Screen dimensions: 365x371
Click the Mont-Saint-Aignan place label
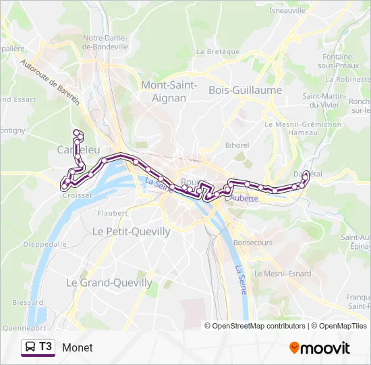point(169,91)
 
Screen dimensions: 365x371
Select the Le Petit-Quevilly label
point(131,231)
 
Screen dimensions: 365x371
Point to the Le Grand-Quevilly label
point(109,283)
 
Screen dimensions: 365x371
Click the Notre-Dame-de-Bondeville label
point(105,43)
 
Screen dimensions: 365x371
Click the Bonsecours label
point(252,242)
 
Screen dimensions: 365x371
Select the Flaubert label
point(112,212)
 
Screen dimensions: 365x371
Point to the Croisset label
point(77,195)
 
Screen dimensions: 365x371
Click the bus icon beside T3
point(31,347)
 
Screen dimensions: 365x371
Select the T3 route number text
point(45,347)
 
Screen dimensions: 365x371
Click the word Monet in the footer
point(78,347)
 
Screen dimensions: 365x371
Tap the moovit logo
point(320,348)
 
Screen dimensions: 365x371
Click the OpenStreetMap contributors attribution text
point(258,326)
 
